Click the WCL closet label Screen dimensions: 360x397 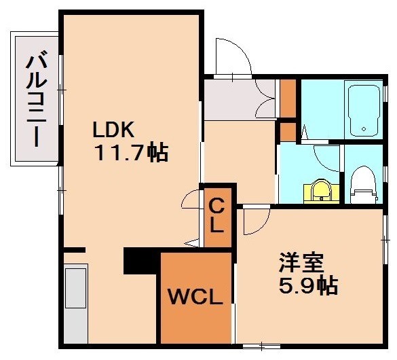click(195, 297)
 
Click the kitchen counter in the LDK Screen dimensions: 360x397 click(75, 302)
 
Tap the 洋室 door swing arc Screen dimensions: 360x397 click(255, 221)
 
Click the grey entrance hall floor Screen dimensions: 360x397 click(234, 100)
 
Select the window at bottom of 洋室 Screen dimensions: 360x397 click(254, 346)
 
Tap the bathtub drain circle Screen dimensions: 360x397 click(364, 127)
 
